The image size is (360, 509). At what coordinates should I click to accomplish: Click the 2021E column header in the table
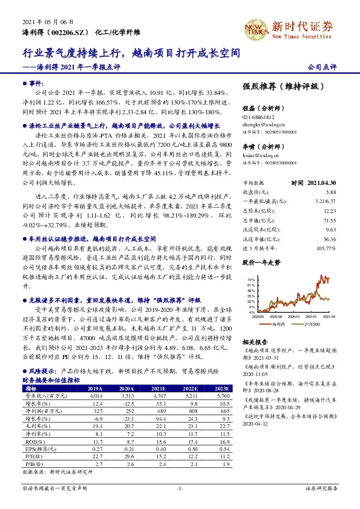coord(158,389)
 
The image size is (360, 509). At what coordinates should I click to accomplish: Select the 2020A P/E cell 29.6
coord(126,457)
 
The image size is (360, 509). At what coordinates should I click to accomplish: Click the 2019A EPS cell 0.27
coord(94,450)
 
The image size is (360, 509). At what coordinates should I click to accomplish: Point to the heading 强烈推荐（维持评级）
coord(281,87)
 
